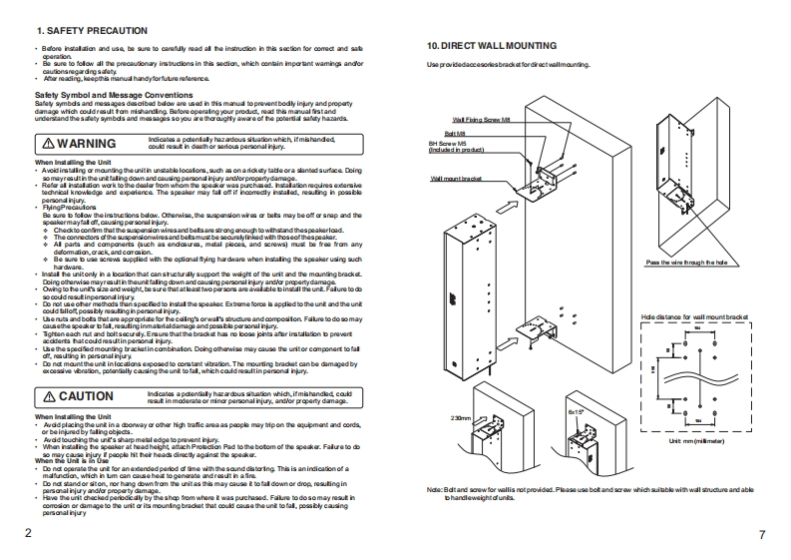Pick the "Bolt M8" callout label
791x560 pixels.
(455, 132)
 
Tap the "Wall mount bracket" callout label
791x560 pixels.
(456, 178)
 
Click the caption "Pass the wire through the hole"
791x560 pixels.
(687, 262)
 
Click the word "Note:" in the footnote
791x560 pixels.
(434, 490)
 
